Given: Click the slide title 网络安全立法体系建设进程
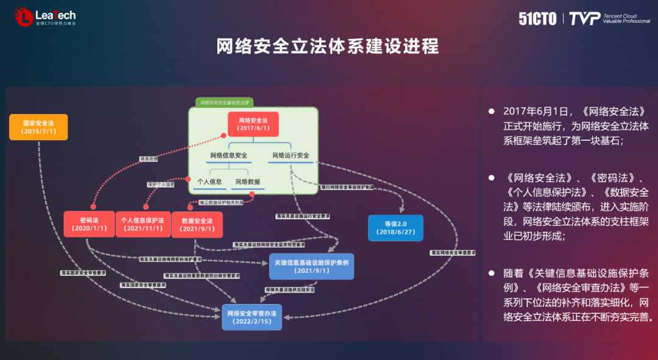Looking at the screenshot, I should tap(328, 46).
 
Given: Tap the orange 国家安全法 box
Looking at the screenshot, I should tap(38, 127).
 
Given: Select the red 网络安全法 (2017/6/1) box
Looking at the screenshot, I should tap(253, 124).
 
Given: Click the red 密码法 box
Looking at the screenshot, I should tap(89, 224).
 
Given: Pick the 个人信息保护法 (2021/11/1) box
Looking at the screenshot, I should tap(143, 224).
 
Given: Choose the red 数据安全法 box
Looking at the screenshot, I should tap(197, 224).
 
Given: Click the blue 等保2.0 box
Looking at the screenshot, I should tap(395, 228).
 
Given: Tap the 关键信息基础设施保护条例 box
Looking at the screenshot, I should tap(311, 266).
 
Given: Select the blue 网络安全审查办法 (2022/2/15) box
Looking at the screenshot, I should tap(252, 317).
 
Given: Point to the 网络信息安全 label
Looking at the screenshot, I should tap(228, 155).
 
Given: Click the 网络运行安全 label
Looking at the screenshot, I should tap(291, 155).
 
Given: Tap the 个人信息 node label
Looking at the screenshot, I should tap(210, 182).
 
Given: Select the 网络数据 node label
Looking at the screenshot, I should tap(247, 182).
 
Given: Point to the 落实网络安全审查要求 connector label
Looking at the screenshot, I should tap(452, 252).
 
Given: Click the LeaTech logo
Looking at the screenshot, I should tap(46, 17).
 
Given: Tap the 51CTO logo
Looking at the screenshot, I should tap(537, 18).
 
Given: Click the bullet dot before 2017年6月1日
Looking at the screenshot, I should tap(491, 112).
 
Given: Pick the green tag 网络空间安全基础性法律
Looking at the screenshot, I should tap(224, 102).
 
